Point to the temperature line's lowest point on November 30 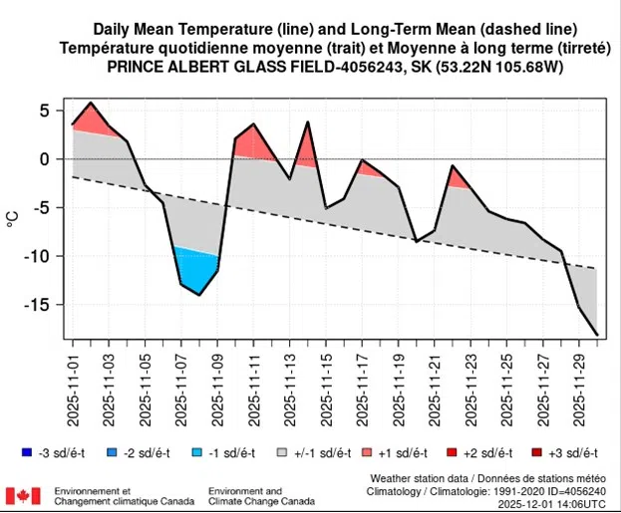pos(597,335)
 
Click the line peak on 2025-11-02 pos(91,103)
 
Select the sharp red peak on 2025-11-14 pos(308,123)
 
